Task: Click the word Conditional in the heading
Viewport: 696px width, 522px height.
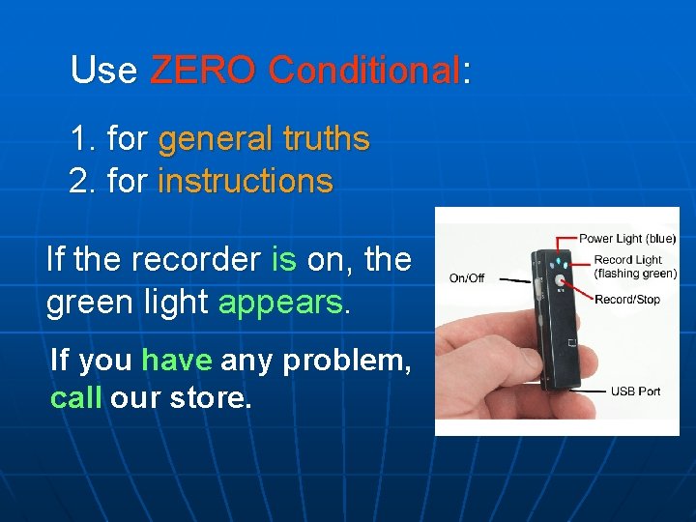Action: [x=363, y=71]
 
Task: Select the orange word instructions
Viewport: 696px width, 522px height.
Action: [x=245, y=181]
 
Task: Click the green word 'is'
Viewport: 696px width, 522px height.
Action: [x=283, y=259]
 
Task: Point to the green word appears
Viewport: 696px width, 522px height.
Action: [x=281, y=303]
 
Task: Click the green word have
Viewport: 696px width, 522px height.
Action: [x=176, y=361]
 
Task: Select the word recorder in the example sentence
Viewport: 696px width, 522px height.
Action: [x=194, y=259]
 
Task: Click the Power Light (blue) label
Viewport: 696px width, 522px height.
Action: [x=627, y=239]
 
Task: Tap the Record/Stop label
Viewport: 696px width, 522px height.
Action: [x=627, y=299]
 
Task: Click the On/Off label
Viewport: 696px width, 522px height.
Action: [x=467, y=278]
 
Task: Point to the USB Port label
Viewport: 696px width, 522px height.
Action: [x=635, y=391]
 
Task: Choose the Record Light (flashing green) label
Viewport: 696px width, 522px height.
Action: [x=635, y=267]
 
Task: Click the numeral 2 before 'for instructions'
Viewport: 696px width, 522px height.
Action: [x=78, y=181]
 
